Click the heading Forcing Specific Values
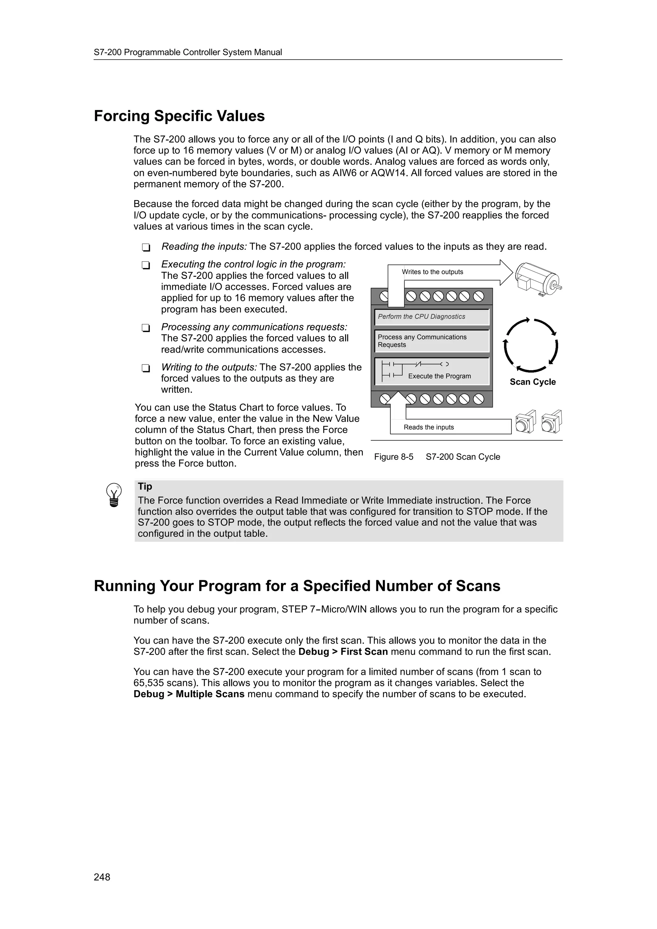click(x=179, y=116)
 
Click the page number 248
click(x=102, y=877)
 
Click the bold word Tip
click(x=144, y=486)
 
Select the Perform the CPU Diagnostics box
click(x=431, y=317)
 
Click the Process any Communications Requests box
click(x=431, y=341)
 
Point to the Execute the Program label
click(x=439, y=376)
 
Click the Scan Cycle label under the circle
click(x=532, y=382)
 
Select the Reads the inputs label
click(x=428, y=427)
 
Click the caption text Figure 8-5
click(x=394, y=457)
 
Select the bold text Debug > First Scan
click(x=343, y=652)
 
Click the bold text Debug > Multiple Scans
click(x=189, y=694)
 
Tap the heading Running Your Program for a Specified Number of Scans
click(x=297, y=586)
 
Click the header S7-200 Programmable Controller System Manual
click(x=188, y=52)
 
